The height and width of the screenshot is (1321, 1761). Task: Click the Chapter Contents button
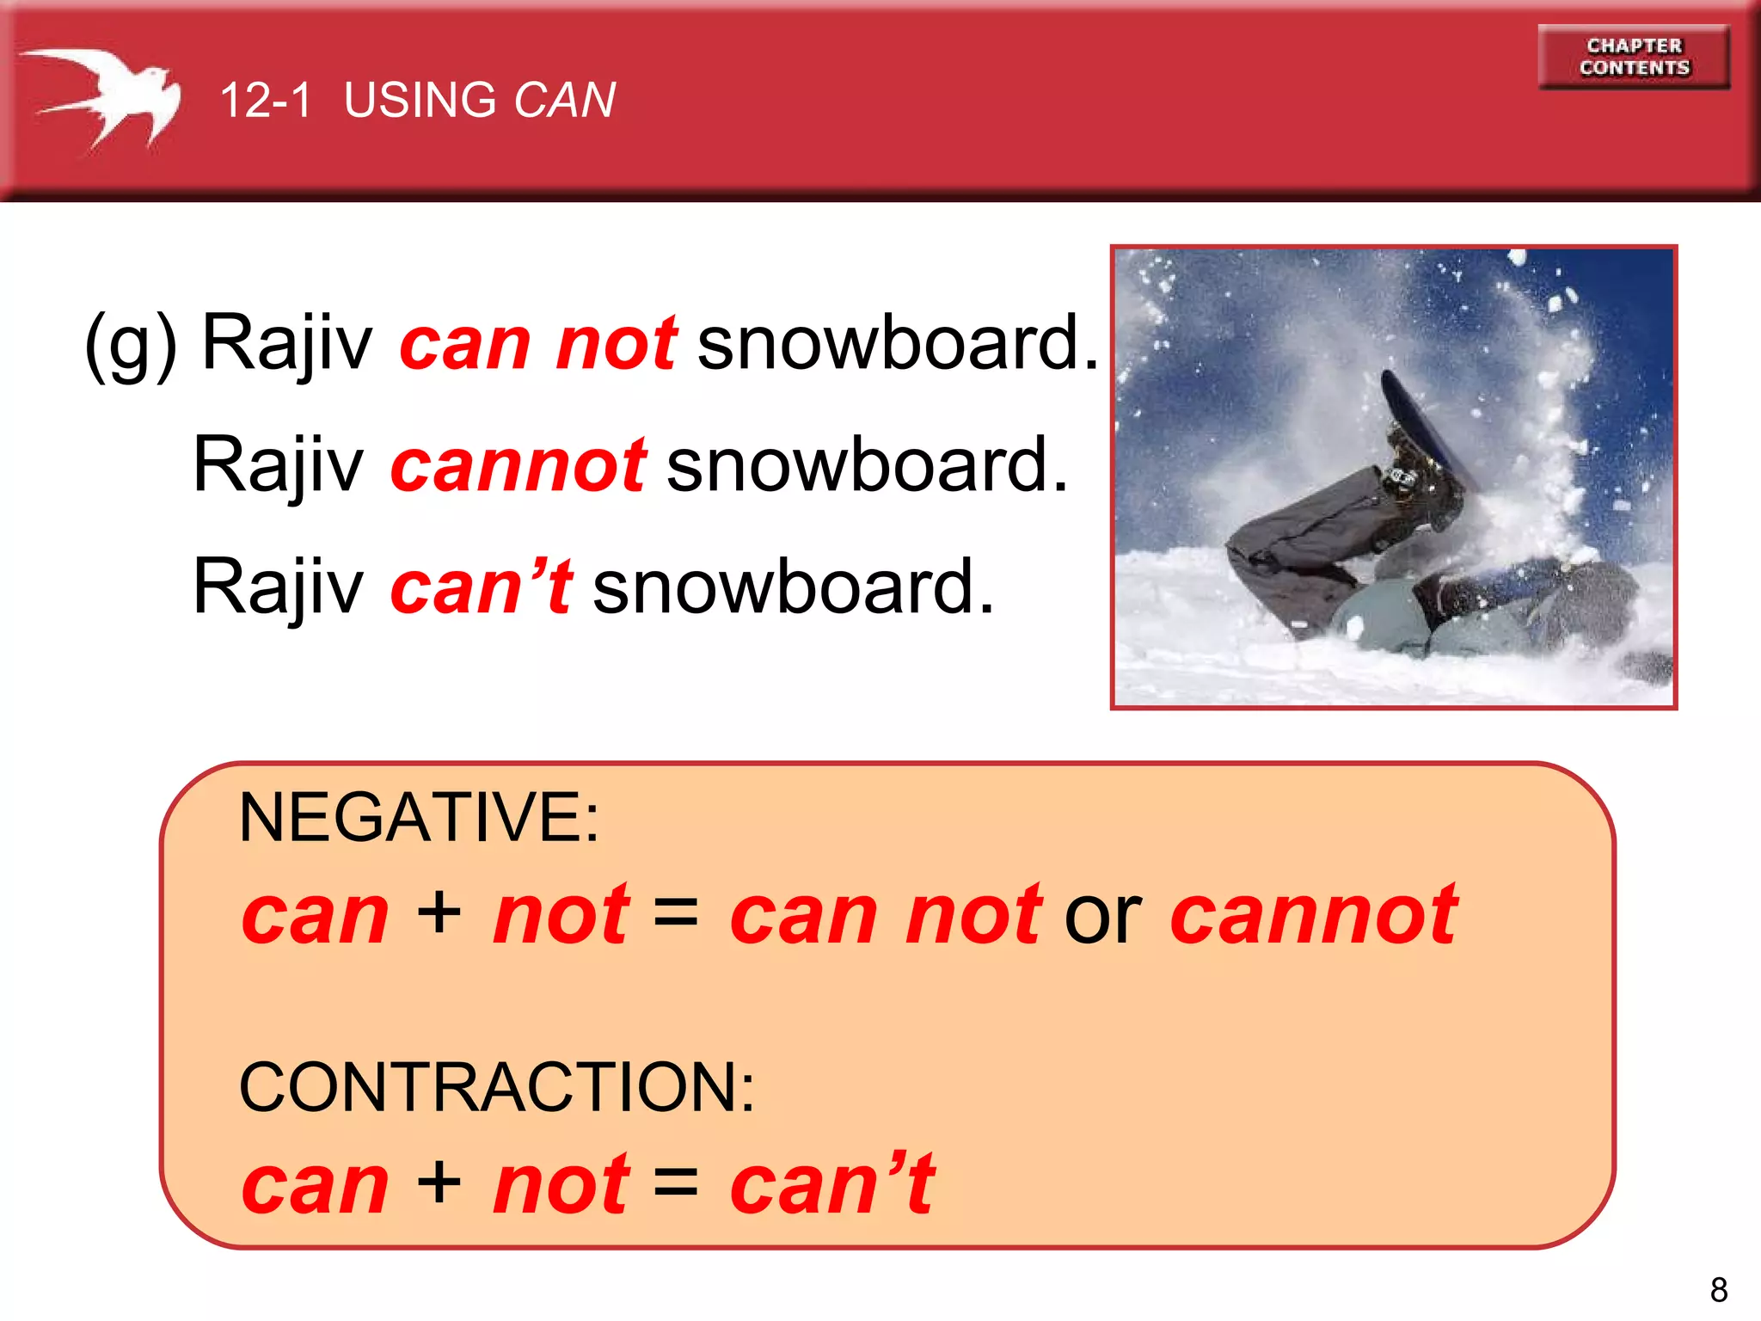(1633, 57)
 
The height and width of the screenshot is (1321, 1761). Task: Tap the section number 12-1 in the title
(266, 100)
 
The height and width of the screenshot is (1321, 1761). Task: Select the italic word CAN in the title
(564, 100)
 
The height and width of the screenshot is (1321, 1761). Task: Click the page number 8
(1718, 1290)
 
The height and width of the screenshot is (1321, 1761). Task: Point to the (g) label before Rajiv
(131, 343)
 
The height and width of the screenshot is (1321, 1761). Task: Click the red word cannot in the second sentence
(518, 464)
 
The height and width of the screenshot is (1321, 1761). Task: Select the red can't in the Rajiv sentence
(481, 587)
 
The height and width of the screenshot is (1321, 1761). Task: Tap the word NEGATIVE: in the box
(419, 817)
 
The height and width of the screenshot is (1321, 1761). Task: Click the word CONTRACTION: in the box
(496, 1087)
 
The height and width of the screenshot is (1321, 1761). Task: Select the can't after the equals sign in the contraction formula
(831, 1184)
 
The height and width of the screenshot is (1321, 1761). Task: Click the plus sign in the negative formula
(439, 912)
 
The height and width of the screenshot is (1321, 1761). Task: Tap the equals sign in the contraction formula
(676, 1183)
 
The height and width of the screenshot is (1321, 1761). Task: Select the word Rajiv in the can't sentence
(279, 587)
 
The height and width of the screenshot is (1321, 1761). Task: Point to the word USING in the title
(420, 100)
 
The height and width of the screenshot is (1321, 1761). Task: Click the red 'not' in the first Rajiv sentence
(617, 343)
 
